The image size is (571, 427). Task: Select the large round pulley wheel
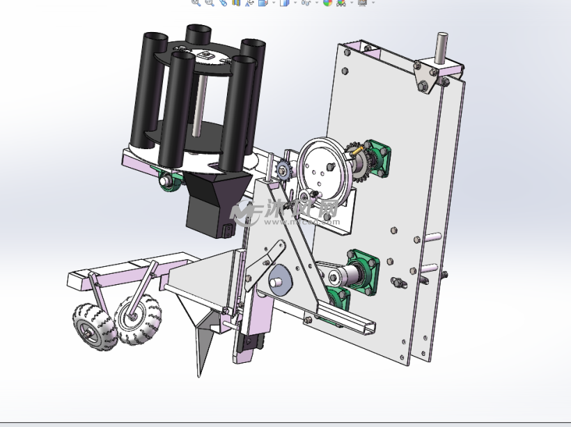tap(322, 170)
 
